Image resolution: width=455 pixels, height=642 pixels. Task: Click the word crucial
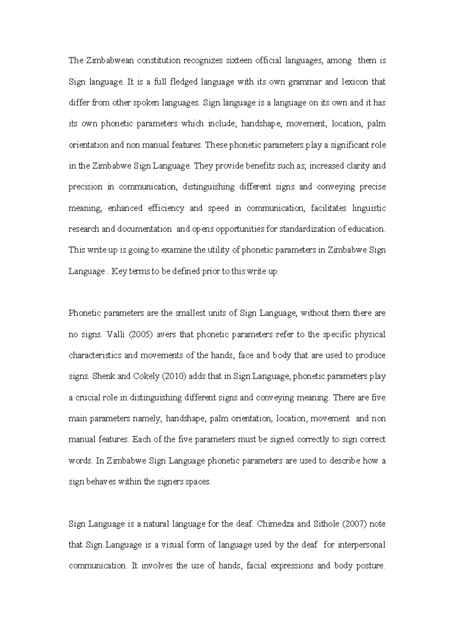pyautogui.click(x=88, y=397)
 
